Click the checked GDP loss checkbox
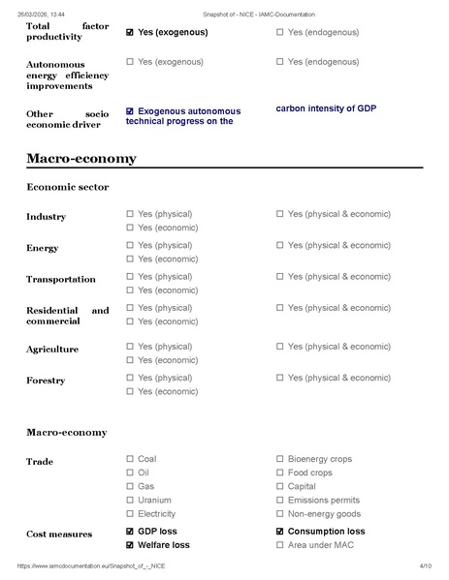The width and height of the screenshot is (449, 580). pos(130,532)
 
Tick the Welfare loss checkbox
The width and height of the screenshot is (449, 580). pos(130,545)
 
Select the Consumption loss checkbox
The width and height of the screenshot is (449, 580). pos(280,532)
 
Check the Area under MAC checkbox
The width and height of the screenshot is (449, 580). pos(280,545)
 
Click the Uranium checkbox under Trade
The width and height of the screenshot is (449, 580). pos(130,500)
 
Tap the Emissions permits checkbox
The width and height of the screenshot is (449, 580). pos(280,500)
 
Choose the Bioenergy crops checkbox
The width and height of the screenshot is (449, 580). pos(280,459)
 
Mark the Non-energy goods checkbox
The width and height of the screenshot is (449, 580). pos(280,514)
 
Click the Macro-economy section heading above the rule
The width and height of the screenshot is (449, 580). pos(81,158)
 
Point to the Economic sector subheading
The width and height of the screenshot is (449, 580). pos(67,187)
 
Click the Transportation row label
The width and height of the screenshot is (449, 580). pos(60,280)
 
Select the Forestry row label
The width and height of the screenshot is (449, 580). pos(46,381)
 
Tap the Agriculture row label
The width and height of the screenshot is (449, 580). pos(52,349)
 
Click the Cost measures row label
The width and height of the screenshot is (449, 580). pos(59,534)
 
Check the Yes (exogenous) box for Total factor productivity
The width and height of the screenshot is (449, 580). pos(130,32)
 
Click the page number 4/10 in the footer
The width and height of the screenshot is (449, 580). pos(425,565)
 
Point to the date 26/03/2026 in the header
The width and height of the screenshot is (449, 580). pos(39,14)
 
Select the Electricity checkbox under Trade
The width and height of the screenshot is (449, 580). pos(130,514)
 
